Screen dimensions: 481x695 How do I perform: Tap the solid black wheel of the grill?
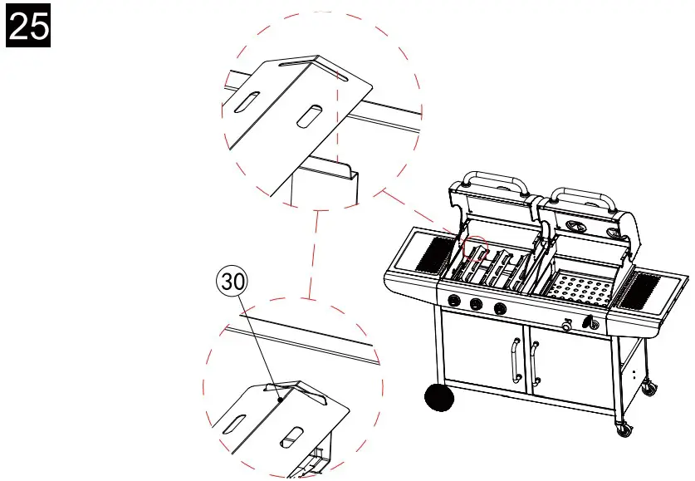(x=440, y=398)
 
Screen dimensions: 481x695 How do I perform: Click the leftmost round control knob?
(x=454, y=302)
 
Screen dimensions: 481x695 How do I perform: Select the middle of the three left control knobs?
(x=477, y=305)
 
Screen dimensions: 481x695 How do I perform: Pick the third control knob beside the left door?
(x=499, y=309)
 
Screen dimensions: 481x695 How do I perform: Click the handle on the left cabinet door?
(x=515, y=359)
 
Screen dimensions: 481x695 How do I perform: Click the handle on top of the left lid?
(x=496, y=180)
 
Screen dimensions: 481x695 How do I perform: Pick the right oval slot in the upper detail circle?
(x=307, y=116)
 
